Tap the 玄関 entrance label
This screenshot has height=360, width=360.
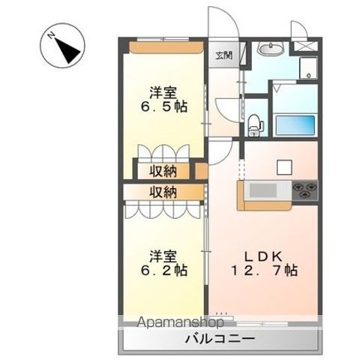click(x=223, y=55)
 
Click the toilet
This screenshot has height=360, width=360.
click(x=255, y=122)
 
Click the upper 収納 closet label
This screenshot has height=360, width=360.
click(x=166, y=170)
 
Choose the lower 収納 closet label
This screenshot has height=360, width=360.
click(x=166, y=192)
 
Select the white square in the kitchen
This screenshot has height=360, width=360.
click(x=284, y=166)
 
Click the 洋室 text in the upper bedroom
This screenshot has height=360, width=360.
click(x=163, y=93)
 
